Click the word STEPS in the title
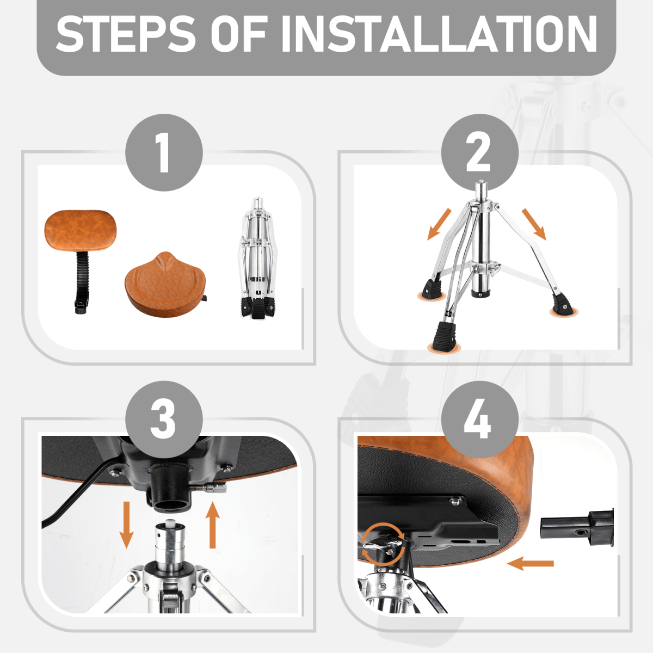point(125,34)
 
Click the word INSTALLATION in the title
point(438,34)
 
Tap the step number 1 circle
point(164,152)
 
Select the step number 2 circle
point(480,152)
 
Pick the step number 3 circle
point(164,420)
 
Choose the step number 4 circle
point(480,420)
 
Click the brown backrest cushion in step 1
point(81,230)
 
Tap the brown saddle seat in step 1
point(165,285)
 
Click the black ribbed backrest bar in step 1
point(81,281)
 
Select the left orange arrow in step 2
point(439,224)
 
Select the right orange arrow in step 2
point(534,224)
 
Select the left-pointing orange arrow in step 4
point(531,564)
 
